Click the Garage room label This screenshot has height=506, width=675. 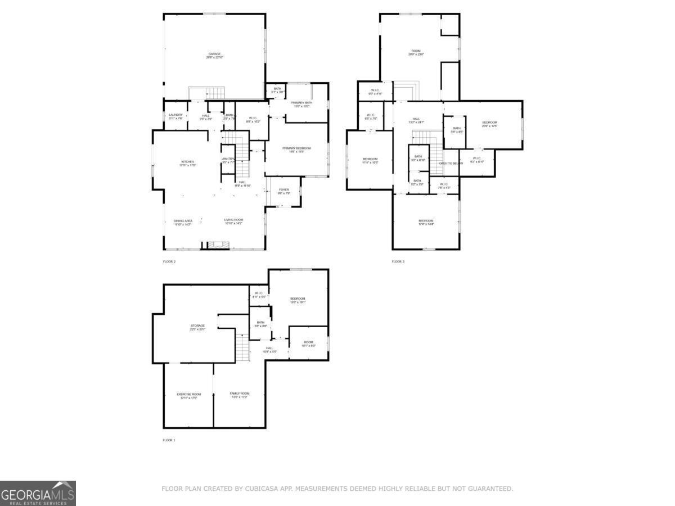(214, 54)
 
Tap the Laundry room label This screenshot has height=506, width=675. (176, 115)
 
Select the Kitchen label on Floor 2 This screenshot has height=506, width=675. (187, 162)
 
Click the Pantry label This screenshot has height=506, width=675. (228, 159)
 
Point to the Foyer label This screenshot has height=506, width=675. (284, 190)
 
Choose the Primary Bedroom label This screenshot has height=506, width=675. (296, 148)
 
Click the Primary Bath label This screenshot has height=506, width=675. (301, 102)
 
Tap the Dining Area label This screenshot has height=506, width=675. (183, 221)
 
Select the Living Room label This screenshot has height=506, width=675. (233, 220)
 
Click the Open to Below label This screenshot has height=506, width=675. (451, 163)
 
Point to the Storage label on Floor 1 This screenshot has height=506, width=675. (197, 326)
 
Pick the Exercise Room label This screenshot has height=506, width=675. (188, 394)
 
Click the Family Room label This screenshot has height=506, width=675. (239, 394)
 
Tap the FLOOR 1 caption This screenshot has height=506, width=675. (169, 440)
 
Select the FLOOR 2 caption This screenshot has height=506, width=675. (169, 261)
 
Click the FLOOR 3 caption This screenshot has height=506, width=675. (398, 261)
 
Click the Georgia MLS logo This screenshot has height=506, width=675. (38, 493)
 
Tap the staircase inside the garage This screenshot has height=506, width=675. (214, 93)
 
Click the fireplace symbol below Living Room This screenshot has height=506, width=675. (216, 245)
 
